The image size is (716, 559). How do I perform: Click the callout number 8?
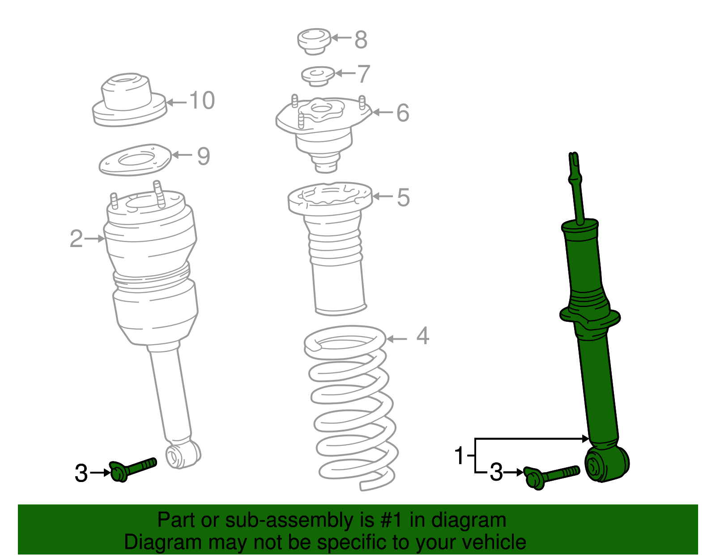coord(361,39)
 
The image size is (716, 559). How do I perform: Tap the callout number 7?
coord(363,74)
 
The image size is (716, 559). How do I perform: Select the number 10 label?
coord(201,100)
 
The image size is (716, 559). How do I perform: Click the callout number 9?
coord(203,156)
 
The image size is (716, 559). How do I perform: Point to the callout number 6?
coord(402,112)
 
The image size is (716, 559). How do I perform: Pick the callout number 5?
coord(403,197)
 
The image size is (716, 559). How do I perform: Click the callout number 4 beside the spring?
coord(422,336)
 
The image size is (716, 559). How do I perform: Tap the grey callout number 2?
coord(76,239)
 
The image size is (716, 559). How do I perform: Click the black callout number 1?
coord(459,456)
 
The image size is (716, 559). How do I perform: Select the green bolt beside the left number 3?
coord(132,469)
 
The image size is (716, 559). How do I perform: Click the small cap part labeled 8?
coord(314,41)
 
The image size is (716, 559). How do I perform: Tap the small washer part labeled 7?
coord(318,76)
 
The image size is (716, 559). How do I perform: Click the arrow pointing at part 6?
coord(383,112)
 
